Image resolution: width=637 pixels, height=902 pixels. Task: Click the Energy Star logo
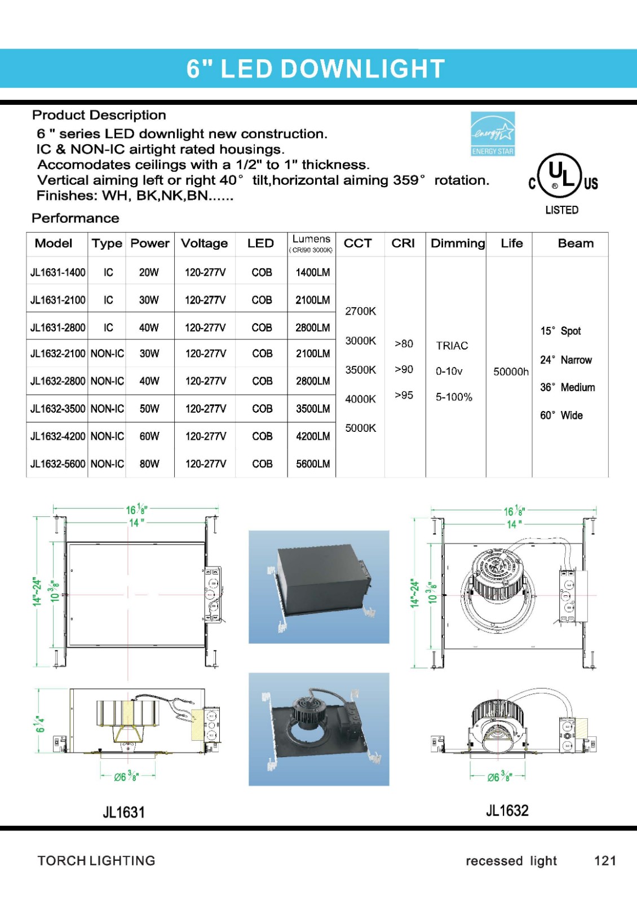[x=493, y=134]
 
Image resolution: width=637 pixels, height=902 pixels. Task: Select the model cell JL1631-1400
[x=57, y=272]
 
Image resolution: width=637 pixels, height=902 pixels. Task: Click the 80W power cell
[x=149, y=464]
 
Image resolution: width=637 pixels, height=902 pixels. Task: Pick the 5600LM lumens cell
[x=313, y=464]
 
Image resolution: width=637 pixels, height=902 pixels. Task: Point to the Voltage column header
[x=204, y=244]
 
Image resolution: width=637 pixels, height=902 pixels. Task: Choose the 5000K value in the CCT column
[x=361, y=428]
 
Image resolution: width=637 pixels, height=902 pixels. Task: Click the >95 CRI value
[x=404, y=395]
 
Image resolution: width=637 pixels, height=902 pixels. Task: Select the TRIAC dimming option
[x=452, y=346]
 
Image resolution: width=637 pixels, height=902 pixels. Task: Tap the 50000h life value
[x=511, y=372]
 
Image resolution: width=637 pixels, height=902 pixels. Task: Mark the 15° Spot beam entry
[x=560, y=331]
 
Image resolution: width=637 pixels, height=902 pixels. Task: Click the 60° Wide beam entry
[x=561, y=415]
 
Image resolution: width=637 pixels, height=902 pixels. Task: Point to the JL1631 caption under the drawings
[x=123, y=812]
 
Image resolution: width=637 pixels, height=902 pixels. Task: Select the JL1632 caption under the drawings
[x=507, y=811]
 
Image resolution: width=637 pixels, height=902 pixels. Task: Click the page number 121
[x=605, y=861]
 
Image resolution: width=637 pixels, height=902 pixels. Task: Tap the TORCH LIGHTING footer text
[x=96, y=861]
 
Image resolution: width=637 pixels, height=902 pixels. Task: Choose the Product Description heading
[x=99, y=115]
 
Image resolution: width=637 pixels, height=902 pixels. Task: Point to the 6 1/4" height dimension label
[x=40, y=724]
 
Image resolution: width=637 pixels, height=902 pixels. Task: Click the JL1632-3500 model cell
[x=57, y=409]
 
